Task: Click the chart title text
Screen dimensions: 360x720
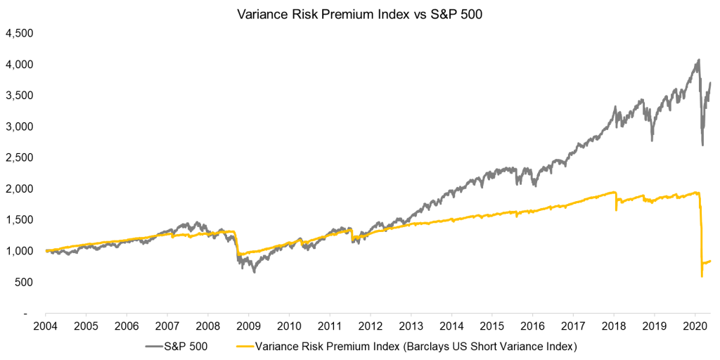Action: coord(360,13)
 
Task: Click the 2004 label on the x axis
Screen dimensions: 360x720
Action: coord(45,327)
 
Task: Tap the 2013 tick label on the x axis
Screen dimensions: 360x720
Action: coord(411,327)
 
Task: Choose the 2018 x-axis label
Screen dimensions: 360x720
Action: coord(614,327)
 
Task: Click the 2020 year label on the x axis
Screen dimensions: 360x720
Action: coord(695,327)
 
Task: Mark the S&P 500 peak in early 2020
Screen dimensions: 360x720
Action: coord(697,60)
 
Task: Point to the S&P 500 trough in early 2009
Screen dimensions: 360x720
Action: coord(254,271)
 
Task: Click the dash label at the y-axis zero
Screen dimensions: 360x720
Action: coord(25,314)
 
